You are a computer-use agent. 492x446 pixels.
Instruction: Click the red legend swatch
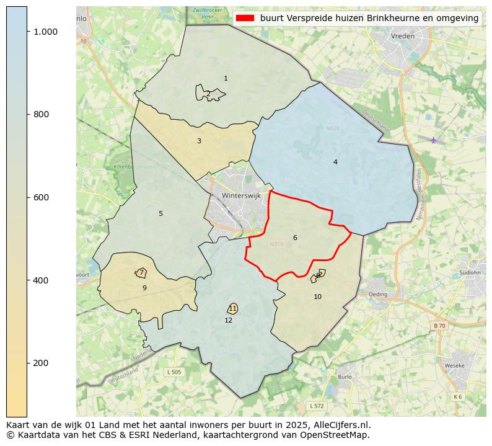(245, 18)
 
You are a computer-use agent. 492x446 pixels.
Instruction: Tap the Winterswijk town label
(242, 195)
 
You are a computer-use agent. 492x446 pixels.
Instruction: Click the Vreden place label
(403, 37)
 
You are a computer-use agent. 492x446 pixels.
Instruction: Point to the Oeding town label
(377, 294)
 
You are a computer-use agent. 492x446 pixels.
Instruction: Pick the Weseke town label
(455, 366)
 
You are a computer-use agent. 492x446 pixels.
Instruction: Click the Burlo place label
(345, 377)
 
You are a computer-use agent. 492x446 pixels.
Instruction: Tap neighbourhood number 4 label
(335, 162)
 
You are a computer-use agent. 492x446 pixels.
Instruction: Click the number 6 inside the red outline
(295, 238)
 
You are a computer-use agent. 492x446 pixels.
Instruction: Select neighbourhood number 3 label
(199, 141)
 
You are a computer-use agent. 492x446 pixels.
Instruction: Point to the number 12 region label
(229, 320)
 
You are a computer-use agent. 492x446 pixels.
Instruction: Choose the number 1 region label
(226, 78)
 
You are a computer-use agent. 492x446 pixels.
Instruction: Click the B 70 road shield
(439, 326)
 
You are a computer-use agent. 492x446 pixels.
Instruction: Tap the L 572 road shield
(316, 406)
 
